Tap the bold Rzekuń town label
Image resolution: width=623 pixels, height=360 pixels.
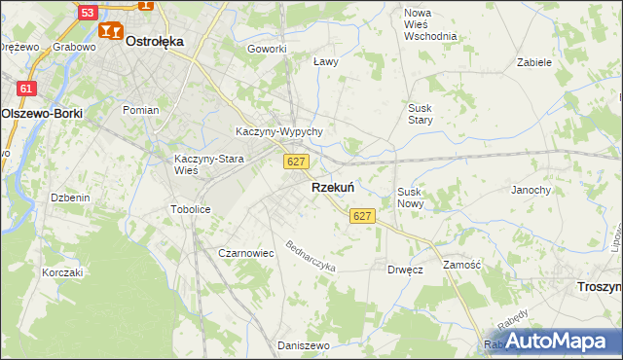click(332, 187)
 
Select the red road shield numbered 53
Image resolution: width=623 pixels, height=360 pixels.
click(88, 13)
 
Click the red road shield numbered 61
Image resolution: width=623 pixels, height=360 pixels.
click(26, 89)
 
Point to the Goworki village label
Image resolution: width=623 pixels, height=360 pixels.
click(267, 49)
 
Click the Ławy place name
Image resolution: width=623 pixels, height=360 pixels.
click(325, 61)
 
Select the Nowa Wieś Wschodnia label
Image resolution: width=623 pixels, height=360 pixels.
click(430, 24)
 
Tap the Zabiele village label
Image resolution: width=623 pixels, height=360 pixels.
click(534, 61)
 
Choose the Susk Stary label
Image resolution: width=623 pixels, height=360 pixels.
click(421, 114)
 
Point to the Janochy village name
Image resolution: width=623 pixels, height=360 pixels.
click(531, 190)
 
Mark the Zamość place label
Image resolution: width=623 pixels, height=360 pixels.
click(462, 265)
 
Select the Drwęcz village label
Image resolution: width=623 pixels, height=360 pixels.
click(404, 270)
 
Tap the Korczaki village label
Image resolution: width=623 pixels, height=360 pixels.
click(62, 272)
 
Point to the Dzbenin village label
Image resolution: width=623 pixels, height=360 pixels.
click(70, 198)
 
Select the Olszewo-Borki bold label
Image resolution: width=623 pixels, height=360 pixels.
click(42, 113)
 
